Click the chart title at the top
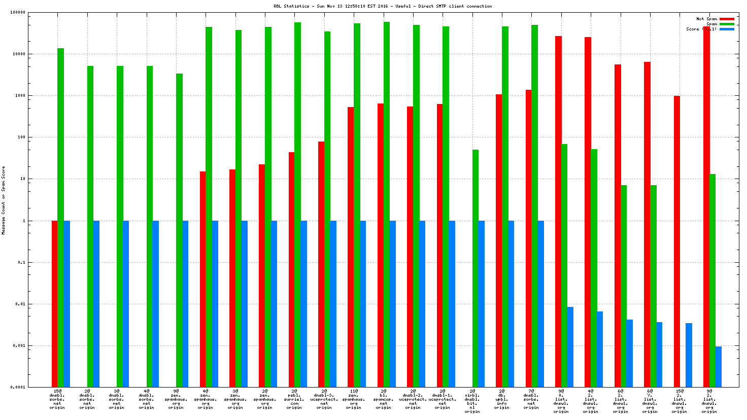pyautogui.click(x=383, y=6)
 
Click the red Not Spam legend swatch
pyautogui.click(x=727, y=19)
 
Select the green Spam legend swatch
pyautogui.click(x=727, y=24)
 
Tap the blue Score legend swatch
pyautogui.click(x=727, y=29)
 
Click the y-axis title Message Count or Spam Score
pyautogui.click(x=4, y=200)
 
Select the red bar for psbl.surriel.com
pyautogui.click(x=291, y=269)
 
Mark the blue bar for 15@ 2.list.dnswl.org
pyautogui.click(x=689, y=355)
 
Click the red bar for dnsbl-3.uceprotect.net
pyautogui.click(x=321, y=264)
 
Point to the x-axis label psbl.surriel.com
pyautogui.click(x=294, y=399)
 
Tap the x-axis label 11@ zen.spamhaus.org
pyautogui.click(x=354, y=399)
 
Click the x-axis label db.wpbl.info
pyautogui.click(x=501, y=399)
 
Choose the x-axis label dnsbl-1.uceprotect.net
pyautogui.click(x=443, y=399)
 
